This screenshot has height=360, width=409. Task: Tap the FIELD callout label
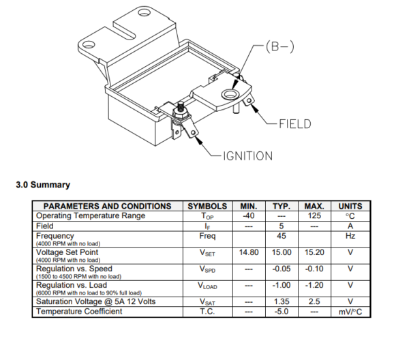294,124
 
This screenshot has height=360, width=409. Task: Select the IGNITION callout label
248,156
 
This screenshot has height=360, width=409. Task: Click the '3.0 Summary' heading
42,185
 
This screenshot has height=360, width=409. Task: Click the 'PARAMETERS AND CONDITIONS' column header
107,206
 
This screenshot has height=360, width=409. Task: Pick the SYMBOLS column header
207,206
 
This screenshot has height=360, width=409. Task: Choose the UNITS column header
350,206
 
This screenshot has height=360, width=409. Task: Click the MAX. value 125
314,215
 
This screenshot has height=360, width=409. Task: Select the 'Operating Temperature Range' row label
90,215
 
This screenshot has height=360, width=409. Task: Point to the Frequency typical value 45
281,236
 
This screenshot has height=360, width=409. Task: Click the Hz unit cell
350,236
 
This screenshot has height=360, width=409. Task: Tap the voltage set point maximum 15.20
314,252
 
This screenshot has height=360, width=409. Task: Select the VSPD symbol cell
207,269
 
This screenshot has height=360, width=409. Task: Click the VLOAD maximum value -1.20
314,286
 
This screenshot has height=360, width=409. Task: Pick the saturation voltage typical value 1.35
281,301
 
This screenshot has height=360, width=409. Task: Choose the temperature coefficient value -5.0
281,311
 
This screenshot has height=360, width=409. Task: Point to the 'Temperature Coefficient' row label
79,311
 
